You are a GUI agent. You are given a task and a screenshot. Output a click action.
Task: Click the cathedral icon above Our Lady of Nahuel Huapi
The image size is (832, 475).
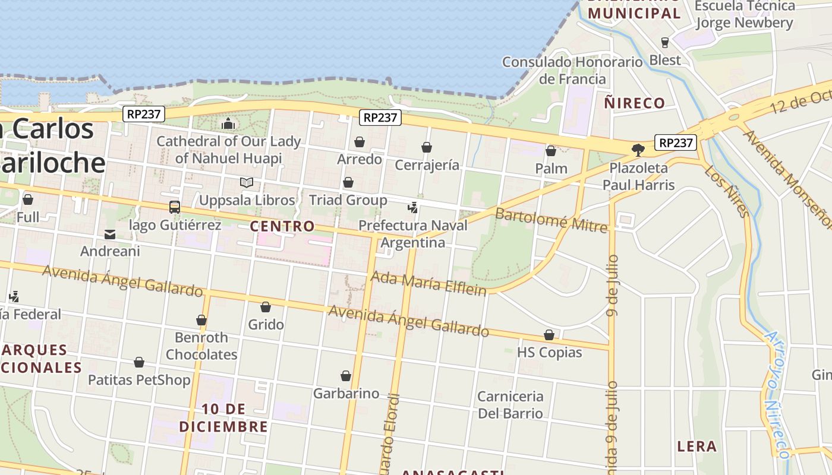coord(228,124)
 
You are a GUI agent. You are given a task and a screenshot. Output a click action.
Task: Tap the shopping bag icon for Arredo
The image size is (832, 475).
coord(360,142)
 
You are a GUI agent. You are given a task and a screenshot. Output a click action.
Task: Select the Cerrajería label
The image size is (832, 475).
coord(427,165)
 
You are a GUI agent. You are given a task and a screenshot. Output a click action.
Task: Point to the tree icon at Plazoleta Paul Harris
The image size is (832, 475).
coord(638,150)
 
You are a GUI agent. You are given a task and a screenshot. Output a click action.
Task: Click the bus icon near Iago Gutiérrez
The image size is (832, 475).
coord(175,207)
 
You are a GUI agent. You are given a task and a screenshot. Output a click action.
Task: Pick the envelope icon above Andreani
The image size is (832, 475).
coord(110,234)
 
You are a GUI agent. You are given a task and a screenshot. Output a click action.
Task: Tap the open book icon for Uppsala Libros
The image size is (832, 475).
coord(247,182)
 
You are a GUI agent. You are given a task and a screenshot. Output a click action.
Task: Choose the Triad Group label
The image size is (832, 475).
coord(348,200)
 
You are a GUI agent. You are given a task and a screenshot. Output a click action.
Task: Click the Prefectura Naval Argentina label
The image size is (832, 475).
coord(413,234)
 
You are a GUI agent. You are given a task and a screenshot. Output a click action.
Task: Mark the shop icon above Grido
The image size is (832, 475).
coord(266,307)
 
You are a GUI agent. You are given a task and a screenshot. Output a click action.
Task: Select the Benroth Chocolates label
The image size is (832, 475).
coord(201,346)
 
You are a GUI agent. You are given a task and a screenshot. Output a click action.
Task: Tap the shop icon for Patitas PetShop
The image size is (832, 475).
coord(139,362)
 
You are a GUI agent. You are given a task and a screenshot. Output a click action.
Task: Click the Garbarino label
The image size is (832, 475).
coord(346,393)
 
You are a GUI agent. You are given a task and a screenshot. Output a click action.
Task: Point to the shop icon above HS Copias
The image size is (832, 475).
coord(549,335)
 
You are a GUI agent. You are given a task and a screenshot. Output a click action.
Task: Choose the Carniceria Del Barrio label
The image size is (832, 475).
coord(510,404)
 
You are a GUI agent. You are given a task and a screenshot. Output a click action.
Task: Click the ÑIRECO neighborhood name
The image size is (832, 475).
coord(634,103)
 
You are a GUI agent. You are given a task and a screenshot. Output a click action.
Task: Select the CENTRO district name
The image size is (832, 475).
coord(282,226)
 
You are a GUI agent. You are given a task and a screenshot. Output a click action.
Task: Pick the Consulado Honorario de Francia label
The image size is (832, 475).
coord(572,70)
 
